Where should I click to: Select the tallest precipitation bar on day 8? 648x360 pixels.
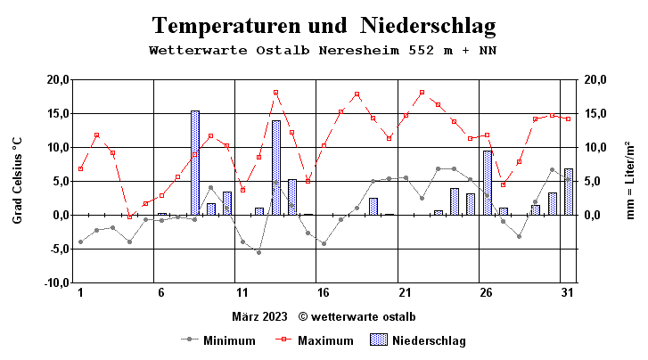coord(194,163)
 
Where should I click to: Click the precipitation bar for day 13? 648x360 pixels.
coord(276,168)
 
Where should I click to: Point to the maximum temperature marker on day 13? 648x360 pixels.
coord(276,93)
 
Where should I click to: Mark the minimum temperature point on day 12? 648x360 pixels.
coord(259,252)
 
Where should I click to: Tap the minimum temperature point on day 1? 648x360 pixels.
coord(80,241)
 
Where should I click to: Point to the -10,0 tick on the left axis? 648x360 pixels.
coord(54,282)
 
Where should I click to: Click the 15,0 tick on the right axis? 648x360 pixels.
coord(595,113)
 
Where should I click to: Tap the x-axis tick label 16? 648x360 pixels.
coord(324,293)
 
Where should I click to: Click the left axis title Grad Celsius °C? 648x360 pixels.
coord(17,181)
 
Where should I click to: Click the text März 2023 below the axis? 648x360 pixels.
coord(260,316)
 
